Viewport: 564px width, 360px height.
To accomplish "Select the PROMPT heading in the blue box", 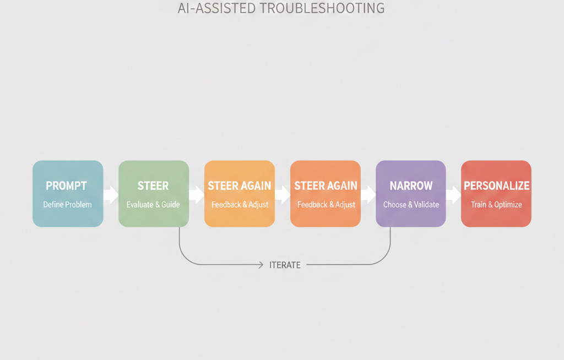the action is (66, 186).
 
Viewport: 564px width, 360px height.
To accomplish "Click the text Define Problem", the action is (67, 205).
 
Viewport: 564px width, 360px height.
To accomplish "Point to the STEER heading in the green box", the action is (153, 186).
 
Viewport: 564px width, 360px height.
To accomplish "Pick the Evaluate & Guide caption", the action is (153, 205).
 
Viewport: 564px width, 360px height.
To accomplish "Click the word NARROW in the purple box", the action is (411, 186).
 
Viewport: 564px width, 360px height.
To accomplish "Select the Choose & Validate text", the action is (411, 205).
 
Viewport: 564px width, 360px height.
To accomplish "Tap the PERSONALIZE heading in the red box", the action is (496, 186).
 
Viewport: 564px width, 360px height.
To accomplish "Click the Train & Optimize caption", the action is (496, 205).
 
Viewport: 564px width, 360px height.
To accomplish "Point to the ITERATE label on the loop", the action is (285, 265).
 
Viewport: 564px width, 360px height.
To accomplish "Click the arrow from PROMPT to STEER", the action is (111, 194).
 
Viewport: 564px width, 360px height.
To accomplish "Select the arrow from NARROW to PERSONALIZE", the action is (453, 194).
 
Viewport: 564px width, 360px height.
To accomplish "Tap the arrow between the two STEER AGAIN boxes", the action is (282, 194).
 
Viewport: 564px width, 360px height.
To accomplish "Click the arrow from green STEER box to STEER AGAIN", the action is (197, 194).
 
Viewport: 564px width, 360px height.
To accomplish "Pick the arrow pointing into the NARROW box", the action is (368, 194).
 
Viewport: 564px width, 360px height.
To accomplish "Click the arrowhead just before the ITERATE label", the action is (261, 265).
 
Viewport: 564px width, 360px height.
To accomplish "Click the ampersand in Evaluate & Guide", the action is (157, 205).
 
